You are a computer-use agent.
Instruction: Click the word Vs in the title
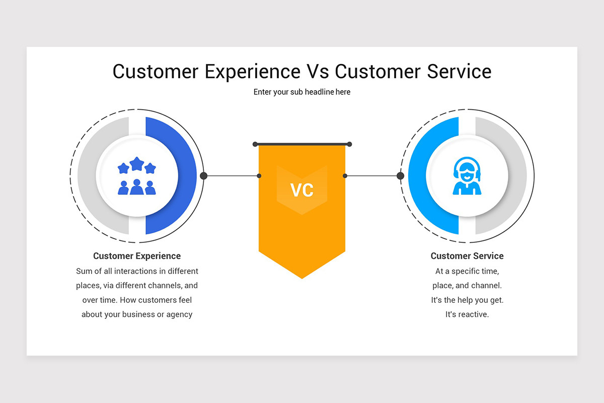pyautogui.click(x=318, y=72)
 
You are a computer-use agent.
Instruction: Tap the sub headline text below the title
pyautogui.click(x=302, y=92)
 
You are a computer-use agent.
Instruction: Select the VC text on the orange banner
pyautogui.click(x=302, y=190)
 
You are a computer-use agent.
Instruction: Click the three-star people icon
pyautogui.click(x=137, y=176)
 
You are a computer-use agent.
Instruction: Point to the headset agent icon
pyautogui.click(x=467, y=176)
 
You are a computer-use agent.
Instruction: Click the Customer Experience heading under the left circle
pyautogui.click(x=137, y=256)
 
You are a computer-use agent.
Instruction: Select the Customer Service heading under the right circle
pyautogui.click(x=467, y=256)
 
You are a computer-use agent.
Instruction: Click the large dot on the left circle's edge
pyautogui.click(x=204, y=176)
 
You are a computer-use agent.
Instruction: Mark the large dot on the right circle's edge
pyautogui.click(x=400, y=176)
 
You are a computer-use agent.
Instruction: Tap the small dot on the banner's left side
pyautogui.click(x=259, y=176)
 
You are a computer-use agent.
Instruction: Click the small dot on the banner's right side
pyautogui.click(x=345, y=176)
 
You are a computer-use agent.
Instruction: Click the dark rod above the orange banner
pyautogui.click(x=302, y=144)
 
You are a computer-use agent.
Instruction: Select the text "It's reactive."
pyautogui.click(x=467, y=314)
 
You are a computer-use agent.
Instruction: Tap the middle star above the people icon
pyautogui.click(x=137, y=163)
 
